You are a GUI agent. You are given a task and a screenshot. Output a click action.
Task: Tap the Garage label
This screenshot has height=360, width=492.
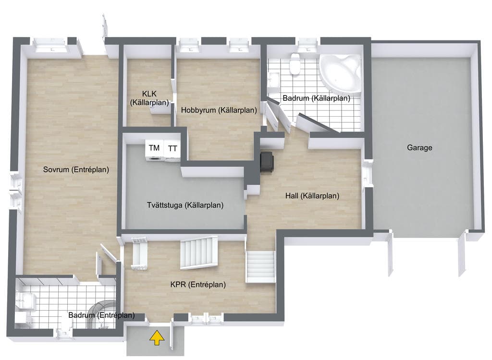[x=419, y=147]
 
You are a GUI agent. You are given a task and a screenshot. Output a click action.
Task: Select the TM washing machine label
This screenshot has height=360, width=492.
[x=154, y=148]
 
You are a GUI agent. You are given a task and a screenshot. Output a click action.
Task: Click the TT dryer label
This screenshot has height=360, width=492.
[x=172, y=148]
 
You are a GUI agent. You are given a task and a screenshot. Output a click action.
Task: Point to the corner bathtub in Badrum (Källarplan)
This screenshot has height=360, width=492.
[x=341, y=74]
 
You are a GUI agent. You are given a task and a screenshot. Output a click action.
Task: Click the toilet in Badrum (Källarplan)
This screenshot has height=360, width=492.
[x=295, y=64]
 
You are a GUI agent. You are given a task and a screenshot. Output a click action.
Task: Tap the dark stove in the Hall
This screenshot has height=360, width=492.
[x=267, y=162]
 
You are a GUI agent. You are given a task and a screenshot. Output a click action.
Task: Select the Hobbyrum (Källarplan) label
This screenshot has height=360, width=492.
[x=219, y=110]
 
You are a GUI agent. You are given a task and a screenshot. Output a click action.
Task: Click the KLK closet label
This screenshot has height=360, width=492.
[x=149, y=98]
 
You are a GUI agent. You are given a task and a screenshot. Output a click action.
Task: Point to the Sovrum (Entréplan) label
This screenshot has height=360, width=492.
[x=76, y=169]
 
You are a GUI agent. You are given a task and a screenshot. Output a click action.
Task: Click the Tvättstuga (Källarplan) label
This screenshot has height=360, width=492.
[x=185, y=205]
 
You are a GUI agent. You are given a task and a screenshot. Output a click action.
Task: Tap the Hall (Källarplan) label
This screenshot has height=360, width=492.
[x=312, y=196]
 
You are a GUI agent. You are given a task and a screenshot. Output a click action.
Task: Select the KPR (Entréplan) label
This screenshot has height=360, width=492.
[x=198, y=285]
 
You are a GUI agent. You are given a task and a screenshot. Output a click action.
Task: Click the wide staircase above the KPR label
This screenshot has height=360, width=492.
[x=199, y=253]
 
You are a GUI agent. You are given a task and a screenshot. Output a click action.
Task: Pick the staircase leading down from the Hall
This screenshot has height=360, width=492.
[x=260, y=266]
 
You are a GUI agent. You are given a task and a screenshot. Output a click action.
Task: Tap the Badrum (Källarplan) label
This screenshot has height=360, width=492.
[x=316, y=98]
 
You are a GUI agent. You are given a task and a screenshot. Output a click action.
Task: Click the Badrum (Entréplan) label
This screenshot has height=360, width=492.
[x=101, y=315]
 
